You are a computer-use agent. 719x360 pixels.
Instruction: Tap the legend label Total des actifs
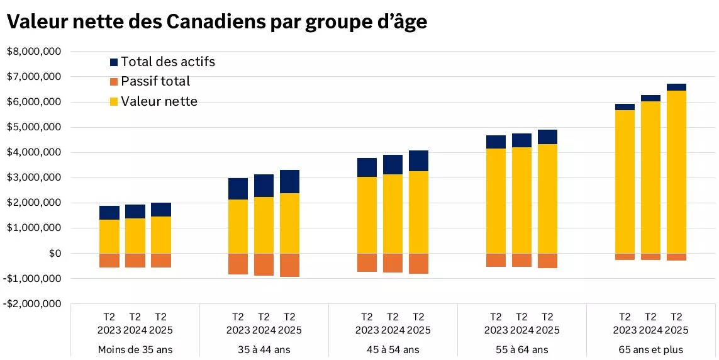168,62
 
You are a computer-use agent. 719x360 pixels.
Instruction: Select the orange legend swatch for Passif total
114,82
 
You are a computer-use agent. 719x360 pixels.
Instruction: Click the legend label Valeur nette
159,101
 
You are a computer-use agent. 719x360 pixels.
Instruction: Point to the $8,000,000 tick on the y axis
34,52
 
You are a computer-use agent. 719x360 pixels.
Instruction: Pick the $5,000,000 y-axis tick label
34,127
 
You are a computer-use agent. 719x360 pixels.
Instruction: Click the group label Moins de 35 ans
135,349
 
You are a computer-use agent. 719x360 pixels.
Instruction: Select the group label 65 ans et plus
650,349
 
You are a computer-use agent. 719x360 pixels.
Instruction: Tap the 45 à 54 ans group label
393,349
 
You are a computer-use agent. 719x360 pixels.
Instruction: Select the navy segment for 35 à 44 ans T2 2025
289,181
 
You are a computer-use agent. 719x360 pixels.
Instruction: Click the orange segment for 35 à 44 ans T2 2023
238,264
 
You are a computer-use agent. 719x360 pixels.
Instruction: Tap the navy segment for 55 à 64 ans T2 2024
521,140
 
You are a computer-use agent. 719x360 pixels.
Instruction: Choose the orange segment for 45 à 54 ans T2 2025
418,263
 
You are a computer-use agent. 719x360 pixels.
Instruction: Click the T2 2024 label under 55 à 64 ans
521,323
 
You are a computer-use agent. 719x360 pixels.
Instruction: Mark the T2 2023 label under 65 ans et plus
625,323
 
